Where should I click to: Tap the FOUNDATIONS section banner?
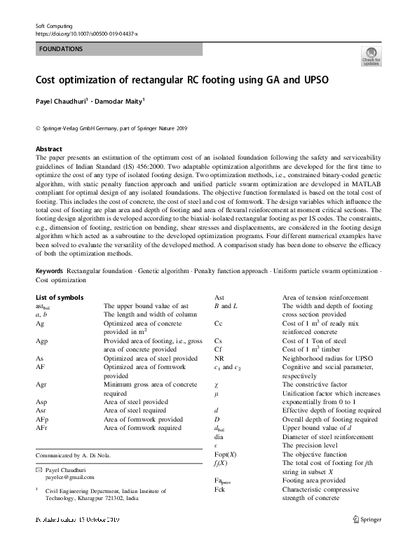[118, 50]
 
